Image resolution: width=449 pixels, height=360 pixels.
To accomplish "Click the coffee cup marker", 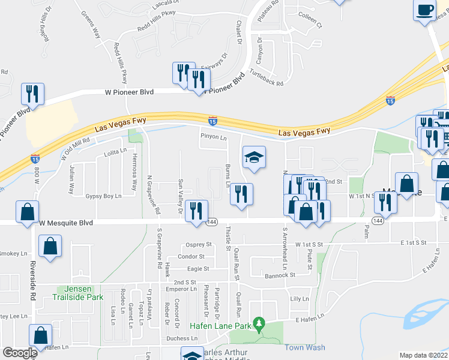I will [426, 10].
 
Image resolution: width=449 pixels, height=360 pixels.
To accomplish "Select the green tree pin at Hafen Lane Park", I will [259, 324].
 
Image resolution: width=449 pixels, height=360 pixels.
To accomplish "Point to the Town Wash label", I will [304, 347].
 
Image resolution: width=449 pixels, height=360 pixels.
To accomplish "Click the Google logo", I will [19, 353].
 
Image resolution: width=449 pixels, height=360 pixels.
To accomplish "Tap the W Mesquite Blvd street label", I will [66, 223].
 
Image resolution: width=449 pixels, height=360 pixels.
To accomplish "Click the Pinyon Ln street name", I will [214, 137].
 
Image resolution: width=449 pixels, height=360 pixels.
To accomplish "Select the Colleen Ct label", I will [310, 26].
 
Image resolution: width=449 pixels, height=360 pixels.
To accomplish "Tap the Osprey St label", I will [200, 244].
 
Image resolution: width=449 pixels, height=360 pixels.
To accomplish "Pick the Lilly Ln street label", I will [299, 298].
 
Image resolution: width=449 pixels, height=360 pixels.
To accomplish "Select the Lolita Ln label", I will [116, 151].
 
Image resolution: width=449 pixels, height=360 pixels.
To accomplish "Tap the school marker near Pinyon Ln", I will [254, 158].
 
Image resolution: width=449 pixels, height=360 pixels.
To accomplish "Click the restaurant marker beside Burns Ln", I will [241, 194].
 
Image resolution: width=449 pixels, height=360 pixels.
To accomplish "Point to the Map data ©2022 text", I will [423, 355].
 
